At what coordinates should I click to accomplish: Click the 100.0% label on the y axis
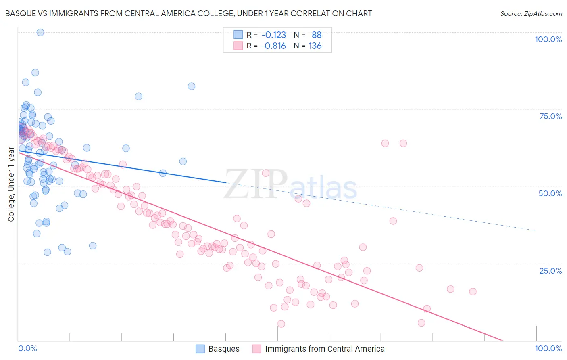[x=548, y=39]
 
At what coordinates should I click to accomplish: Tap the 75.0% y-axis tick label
[x=550, y=116]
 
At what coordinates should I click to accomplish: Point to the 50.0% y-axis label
[x=550, y=193]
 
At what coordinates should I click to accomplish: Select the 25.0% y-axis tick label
[x=550, y=271]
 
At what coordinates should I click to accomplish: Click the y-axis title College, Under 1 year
[x=11, y=184]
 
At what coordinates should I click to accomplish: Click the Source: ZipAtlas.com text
[x=531, y=14]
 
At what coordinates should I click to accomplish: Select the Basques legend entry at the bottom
[x=224, y=349]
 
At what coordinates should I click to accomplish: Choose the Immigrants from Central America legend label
[x=325, y=349]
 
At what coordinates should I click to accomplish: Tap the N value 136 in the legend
[x=315, y=46]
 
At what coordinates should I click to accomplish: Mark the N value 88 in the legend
[x=317, y=35]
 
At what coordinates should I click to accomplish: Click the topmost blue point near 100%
[x=40, y=32]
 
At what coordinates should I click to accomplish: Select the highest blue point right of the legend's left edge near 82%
[x=192, y=86]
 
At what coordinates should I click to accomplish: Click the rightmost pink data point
[x=473, y=291]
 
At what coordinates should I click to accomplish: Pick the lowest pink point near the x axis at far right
[x=421, y=323]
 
